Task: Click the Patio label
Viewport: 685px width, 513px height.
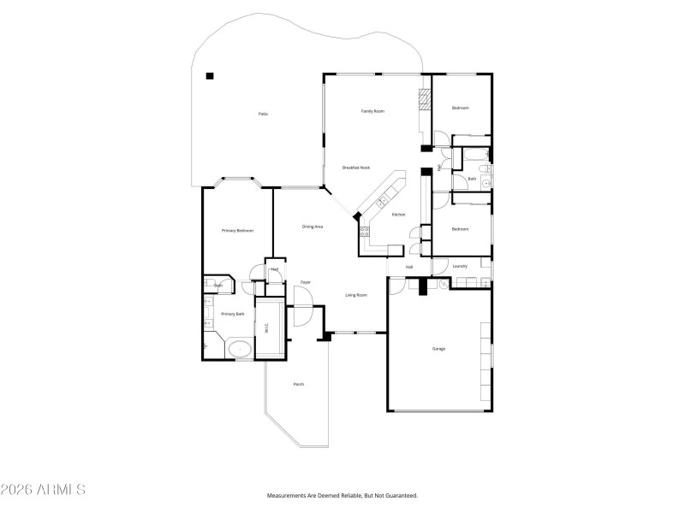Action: click(x=264, y=114)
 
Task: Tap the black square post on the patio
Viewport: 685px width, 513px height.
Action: click(x=210, y=76)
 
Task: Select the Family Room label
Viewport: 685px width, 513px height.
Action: click(x=372, y=111)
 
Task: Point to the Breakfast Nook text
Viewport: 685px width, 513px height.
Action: click(x=355, y=168)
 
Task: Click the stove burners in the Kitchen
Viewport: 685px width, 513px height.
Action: click(x=364, y=232)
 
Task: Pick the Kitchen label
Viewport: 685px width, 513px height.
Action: click(x=398, y=214)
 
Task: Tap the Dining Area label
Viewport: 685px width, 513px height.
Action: click(x=313, y=227)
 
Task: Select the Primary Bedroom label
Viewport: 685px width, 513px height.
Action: click(x=237, y=230)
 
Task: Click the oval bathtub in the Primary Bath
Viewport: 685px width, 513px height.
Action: click(x=240, y=349)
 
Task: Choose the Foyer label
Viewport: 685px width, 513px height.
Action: click(x=305, y=282)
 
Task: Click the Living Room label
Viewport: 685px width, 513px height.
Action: click(x=356, y=295)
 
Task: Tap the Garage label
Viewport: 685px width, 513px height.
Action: click(x=438, y=348)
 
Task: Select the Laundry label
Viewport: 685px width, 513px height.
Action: click(x=460, y=266)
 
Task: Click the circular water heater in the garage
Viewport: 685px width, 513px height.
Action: click(x=442, y=286)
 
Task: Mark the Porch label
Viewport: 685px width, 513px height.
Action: click(x=299, y=384)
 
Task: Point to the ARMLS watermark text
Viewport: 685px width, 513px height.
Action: click(x=43, y=490)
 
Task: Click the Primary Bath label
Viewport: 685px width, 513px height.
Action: click(x=233, y=314)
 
